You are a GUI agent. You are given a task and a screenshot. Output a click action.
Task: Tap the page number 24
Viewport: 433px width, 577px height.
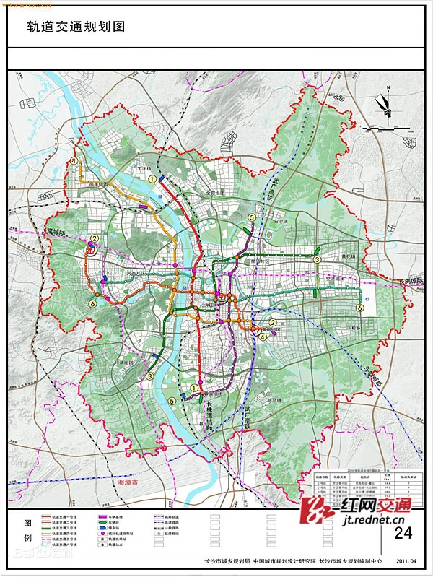pos(403,534)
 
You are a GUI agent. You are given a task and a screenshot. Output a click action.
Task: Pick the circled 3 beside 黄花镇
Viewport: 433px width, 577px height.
pos(316,259)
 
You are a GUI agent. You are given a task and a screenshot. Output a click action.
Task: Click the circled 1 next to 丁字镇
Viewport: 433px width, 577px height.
pos(152,178)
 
